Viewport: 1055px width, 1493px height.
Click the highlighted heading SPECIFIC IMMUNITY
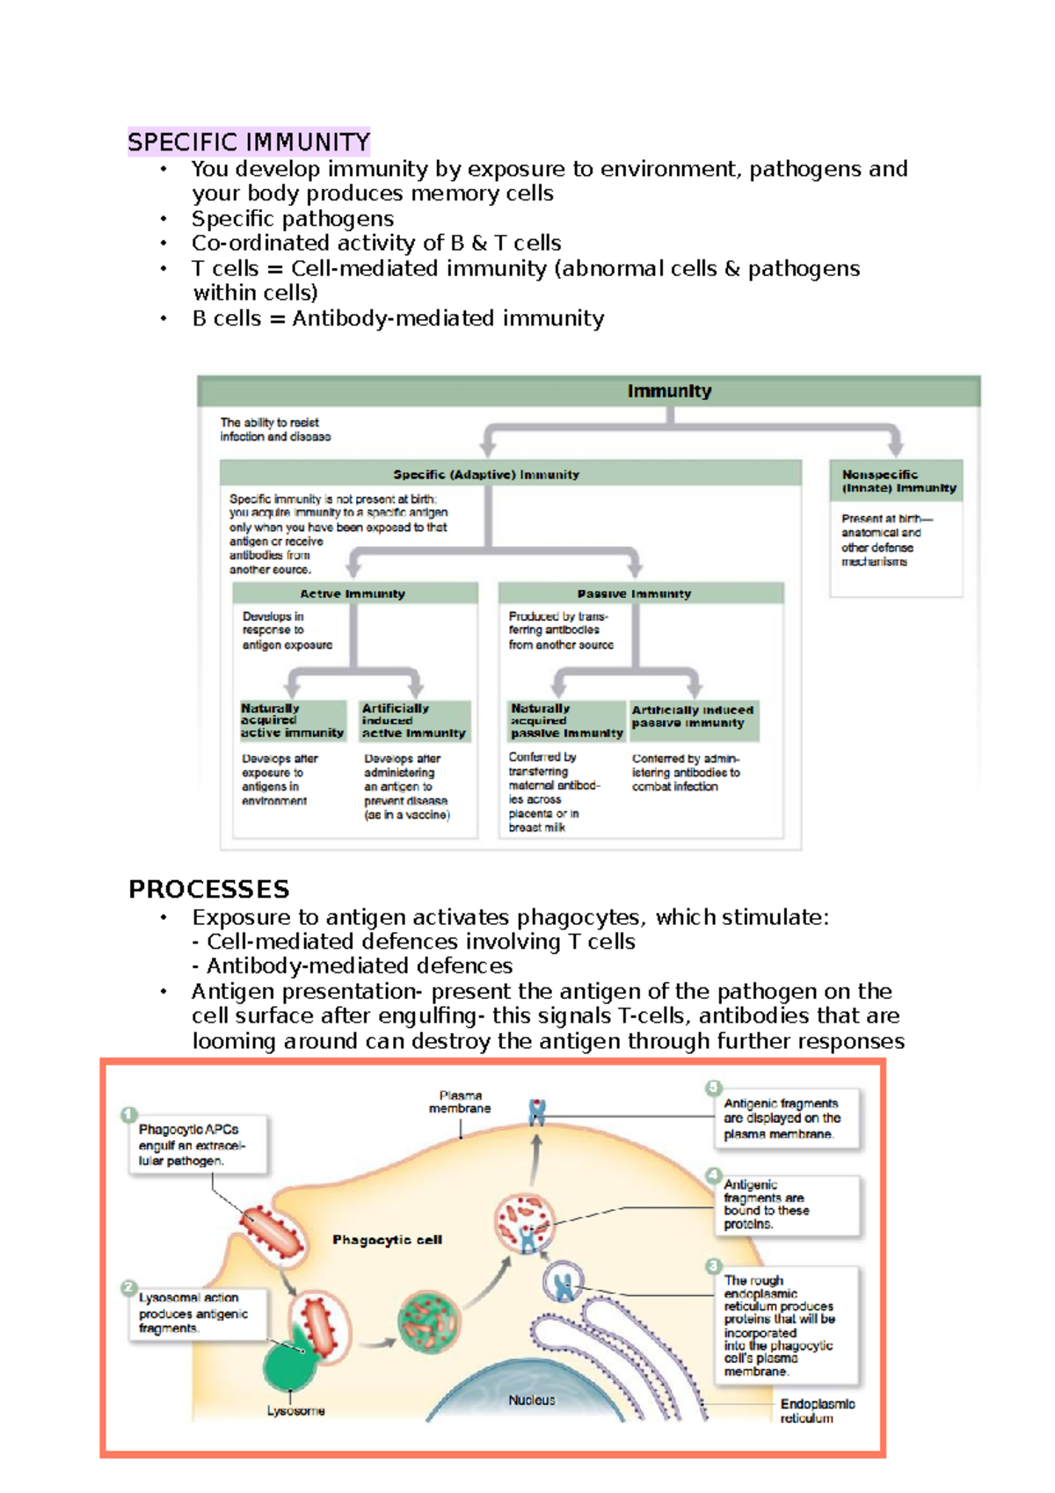tap(249, 142)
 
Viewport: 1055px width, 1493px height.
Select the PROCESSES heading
tap(209, 889)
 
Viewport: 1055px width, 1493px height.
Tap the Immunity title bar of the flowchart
tap(669, 391)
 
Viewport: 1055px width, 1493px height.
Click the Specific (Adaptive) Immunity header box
tap(486, 474)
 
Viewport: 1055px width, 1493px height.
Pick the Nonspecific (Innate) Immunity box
tap(897, 481)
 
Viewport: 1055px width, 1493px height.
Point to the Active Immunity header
tap(353, 594)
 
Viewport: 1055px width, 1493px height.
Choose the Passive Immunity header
tap(634, 594)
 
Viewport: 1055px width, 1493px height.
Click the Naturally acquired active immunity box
tap(292, 720)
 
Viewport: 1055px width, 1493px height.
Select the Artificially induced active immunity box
tap(414, 720)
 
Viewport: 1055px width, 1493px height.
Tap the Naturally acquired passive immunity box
tap(566, 720)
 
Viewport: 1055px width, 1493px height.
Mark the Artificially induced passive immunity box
tap(693, 717)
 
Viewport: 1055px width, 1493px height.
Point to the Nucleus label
tap(532, 1400)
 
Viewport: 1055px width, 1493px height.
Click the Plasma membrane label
tap(460, 1102)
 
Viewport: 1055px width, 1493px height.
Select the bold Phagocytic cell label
tap(387, 1240)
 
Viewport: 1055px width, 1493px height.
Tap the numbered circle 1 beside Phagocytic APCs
tap(129, 1115)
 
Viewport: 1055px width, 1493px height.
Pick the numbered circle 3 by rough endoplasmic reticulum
tap(713, 1266)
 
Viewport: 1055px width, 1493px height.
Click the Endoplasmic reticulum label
tap(817, 1410)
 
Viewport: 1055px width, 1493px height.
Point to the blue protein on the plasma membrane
tap(537, 1112)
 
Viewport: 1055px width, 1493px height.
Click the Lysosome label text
tap(296, 1410)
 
